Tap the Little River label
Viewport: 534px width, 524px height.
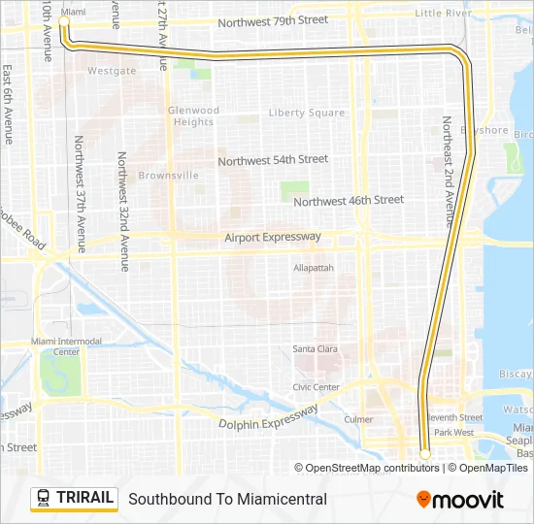(x=443, y=13)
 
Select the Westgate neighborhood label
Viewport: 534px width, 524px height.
(x=112, y=71)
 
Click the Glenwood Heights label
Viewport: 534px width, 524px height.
(x=193, y=116)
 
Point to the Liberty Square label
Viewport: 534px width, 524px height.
(x=306, y=114)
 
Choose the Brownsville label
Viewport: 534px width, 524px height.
(x=168, y=176)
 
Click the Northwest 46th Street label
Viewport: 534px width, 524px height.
(x=348, y=201)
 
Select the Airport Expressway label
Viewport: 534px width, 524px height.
(x=272, y=237)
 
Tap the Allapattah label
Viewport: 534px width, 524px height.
(x=314, y=267)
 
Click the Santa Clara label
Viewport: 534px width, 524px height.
(x=316, y=349)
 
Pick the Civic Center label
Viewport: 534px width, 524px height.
(x=316, y=387)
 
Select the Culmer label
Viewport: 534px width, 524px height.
(x=358, y=419)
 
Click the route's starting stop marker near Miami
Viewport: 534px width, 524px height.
(x=65, y=20)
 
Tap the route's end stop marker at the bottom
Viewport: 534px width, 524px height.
(x=424, y=453)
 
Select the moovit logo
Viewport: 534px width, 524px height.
(x=460, y=500)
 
